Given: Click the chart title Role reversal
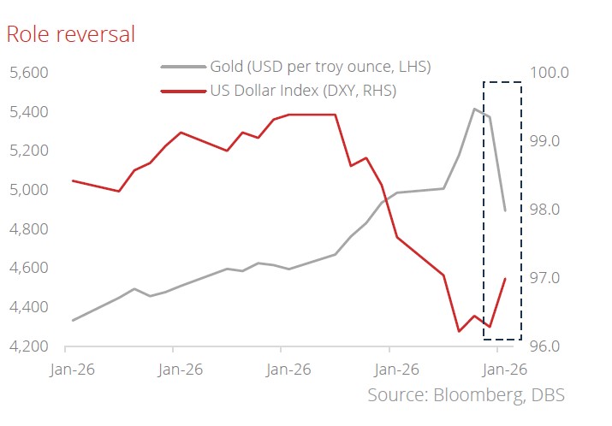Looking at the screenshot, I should (70, 34).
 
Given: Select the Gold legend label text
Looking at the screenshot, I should (320, 67).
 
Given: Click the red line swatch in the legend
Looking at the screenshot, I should (182, 89).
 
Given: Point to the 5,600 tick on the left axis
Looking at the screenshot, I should (28, 73).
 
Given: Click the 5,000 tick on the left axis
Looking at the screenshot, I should (28, 190).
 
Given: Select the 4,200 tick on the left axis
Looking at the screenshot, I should (28, 346).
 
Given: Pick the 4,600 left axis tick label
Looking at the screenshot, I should (28, 269).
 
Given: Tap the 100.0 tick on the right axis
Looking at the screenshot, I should (550, 72).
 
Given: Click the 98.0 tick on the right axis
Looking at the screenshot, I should (549, 210).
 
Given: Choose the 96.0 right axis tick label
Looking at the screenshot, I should (549, 346).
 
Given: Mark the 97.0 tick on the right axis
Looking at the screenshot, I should (549, 278).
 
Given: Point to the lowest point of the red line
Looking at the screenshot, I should (459, 331).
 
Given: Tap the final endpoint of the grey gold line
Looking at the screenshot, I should (505, 210).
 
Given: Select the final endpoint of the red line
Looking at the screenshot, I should (505, 279).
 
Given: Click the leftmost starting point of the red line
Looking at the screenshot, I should (72, 180).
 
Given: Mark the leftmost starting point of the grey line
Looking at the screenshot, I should (72, 321).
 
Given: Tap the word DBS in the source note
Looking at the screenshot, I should (547, 395).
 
